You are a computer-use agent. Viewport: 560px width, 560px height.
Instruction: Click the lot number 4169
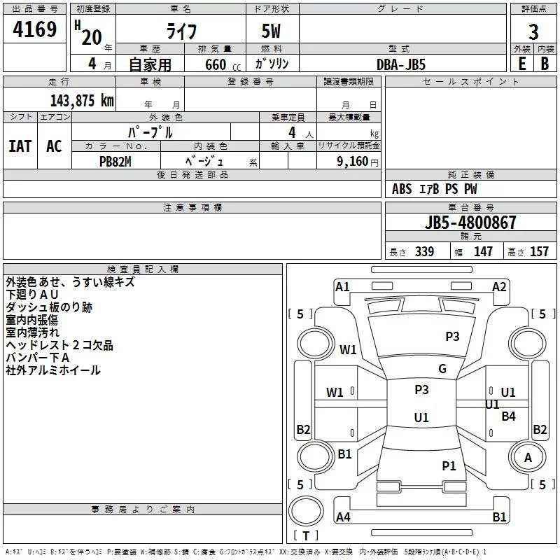click(34, 29)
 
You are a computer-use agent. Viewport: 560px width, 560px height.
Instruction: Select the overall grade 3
click(533, 32)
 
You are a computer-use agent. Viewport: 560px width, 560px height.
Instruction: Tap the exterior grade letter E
click(521, 64)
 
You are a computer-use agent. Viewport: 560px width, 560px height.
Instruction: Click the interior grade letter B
click(545, 64)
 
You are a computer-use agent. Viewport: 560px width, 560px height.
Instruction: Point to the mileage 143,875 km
click(82, 101)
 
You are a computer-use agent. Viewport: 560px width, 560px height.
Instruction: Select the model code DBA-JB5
click(401, 64)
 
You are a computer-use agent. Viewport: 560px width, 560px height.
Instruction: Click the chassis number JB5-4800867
click(470, 223)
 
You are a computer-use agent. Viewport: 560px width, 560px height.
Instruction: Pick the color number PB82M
click(115, 162)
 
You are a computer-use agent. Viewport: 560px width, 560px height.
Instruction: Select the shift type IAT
click(20, 146)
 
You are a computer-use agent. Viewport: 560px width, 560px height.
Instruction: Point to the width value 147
click(483, 251)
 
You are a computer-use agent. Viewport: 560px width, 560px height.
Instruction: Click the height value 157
click(539, 251)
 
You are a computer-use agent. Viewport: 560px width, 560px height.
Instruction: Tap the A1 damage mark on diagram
click(342, 287)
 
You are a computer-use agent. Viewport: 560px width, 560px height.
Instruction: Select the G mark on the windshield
click(442, 369)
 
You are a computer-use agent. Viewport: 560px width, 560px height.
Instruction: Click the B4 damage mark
click(508, 416)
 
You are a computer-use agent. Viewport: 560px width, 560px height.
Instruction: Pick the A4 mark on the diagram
click(343, 517)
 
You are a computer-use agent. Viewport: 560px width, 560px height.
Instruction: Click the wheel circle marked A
click(528, 457)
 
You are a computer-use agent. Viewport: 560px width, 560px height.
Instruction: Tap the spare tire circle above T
click(306, 511)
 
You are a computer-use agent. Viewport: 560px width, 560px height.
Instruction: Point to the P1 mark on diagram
click(449, 465)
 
